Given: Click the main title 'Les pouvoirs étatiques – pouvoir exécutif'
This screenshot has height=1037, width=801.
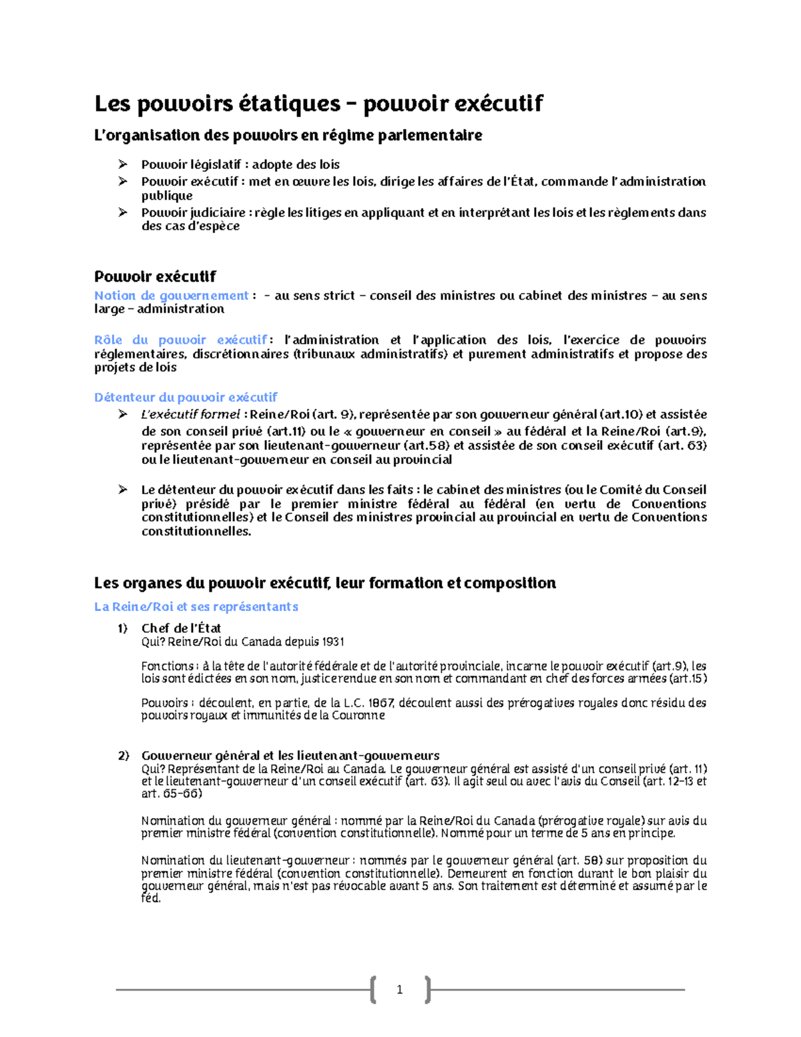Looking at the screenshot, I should click(318, 104).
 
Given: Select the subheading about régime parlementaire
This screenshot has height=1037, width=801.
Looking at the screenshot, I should click(288, 136).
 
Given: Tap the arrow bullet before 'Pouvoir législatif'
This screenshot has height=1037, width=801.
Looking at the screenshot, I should click(123, 164).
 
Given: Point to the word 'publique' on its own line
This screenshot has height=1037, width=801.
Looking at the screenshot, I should click(167, 196).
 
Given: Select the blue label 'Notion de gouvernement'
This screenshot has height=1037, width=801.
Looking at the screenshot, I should click(172, 295).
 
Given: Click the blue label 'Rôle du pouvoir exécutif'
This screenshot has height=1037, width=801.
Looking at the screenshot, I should click(180, 340).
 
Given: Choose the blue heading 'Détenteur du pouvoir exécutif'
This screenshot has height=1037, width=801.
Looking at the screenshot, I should click(186, 397).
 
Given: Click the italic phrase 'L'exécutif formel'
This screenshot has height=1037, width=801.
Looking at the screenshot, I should click(191, 415).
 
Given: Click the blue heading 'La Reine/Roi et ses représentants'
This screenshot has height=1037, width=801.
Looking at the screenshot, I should click(196, 607).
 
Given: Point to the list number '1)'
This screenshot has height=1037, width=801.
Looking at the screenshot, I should click(122, 628).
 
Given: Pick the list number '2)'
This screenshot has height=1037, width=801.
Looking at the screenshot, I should click(123, 756).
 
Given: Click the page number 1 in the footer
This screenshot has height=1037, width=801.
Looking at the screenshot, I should click(399, 990).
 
